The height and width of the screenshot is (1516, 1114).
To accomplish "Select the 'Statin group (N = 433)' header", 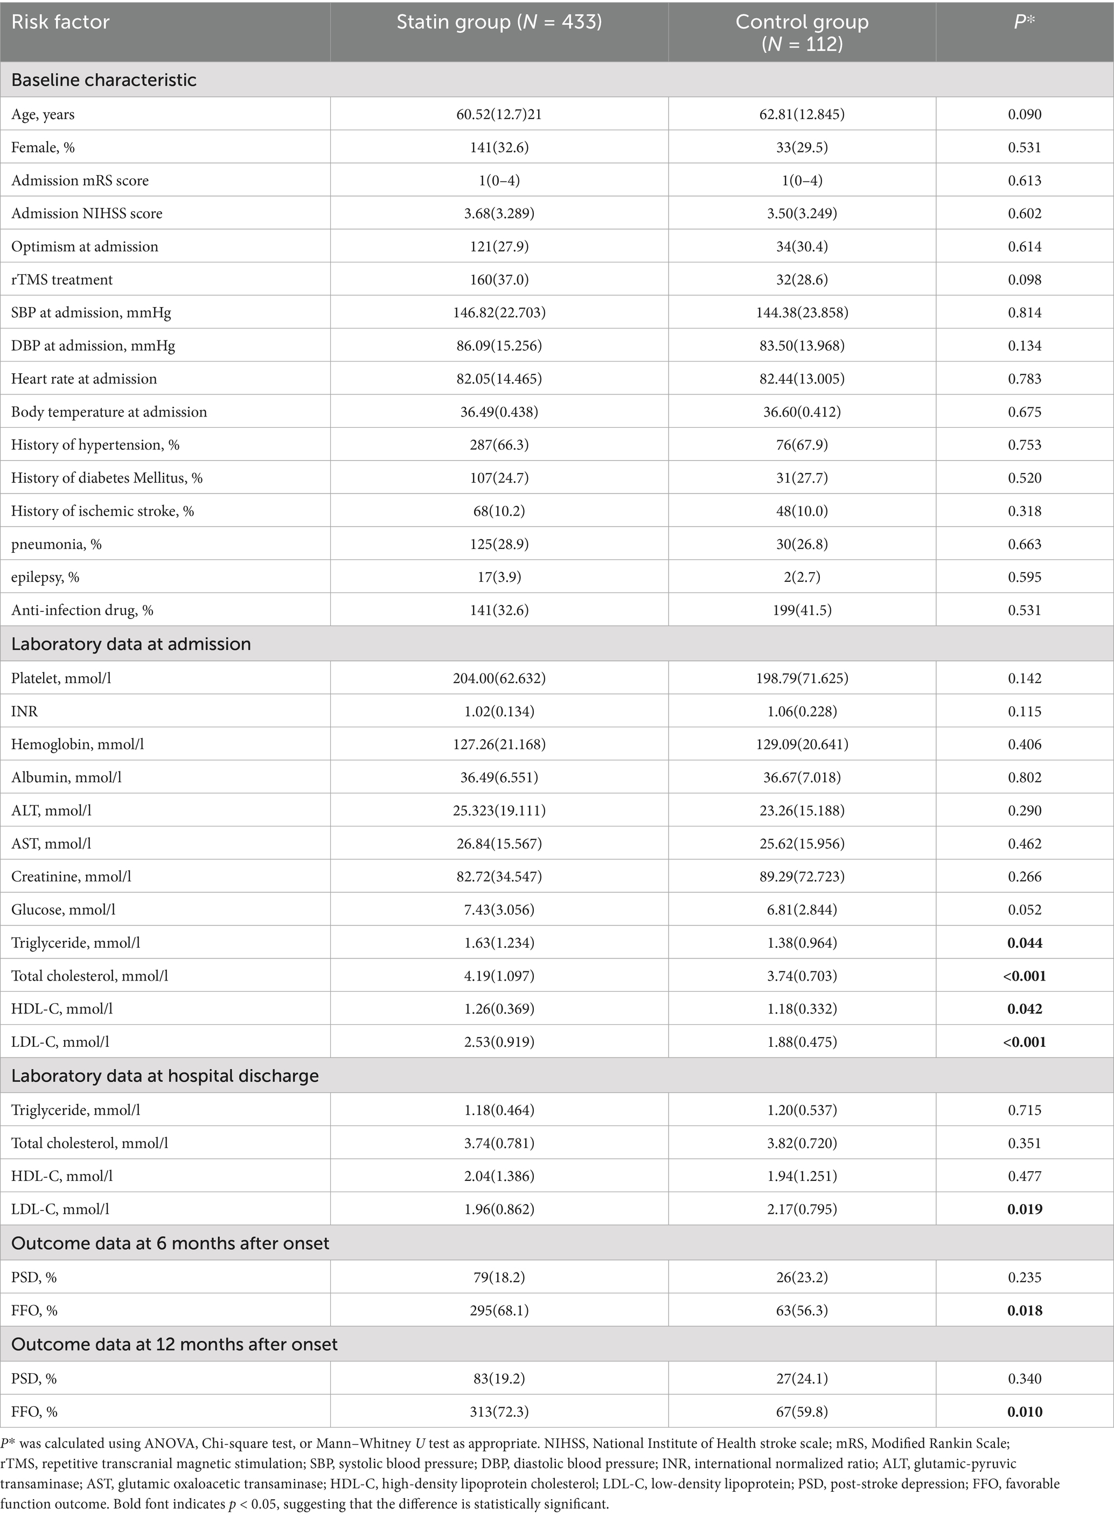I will (x=498, y=22).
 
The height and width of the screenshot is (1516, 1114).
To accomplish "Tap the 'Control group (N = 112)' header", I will (x=802, y=32).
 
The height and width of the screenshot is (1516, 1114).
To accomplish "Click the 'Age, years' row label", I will (x=43, y=114).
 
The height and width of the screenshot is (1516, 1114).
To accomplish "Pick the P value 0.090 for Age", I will (x=1025, y=114).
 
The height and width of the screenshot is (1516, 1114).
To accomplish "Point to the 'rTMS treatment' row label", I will (x=62, y=279).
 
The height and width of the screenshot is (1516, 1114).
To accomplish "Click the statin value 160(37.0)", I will (x=499, y=279).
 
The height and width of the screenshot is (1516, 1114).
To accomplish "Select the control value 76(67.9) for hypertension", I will (x=802, y=444).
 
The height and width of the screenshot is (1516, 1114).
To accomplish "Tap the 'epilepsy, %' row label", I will (x=45, y=576).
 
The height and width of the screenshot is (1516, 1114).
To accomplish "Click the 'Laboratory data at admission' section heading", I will (x=131, y=644).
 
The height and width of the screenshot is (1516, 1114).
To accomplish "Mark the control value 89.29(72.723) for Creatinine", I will (x=802, y=876).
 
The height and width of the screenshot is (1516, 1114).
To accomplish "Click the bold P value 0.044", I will (x=1025, y=942).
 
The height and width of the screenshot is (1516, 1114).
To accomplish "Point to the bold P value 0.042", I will (x=1025, y=1008).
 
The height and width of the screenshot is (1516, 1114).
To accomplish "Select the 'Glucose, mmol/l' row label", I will (x=64, y=909).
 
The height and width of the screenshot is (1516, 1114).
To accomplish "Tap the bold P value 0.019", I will (x=1025, y=1208).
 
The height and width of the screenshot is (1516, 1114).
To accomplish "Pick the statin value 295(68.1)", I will (x=499, y=1310).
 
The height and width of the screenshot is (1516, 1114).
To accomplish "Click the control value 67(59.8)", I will (x=802, y=1411).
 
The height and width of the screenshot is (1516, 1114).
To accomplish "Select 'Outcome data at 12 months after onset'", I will (x=175, y=1344).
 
